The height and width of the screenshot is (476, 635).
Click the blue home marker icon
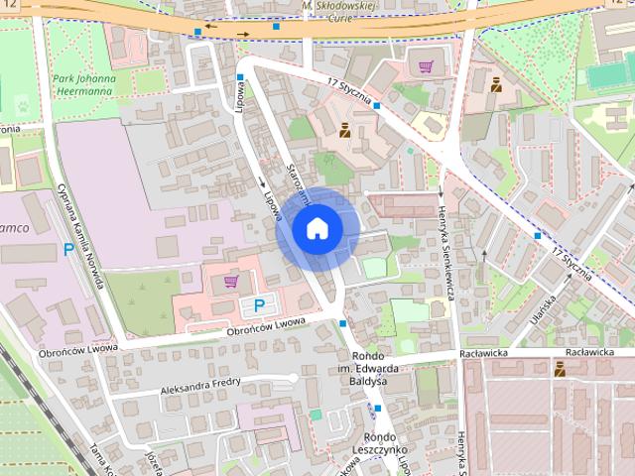[x=317, y=227]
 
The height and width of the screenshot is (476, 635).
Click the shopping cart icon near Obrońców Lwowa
[x=231, y=282]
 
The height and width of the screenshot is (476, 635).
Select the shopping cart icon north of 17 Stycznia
[x=426, y=67]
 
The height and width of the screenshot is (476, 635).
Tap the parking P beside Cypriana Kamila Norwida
[x=68, y=251]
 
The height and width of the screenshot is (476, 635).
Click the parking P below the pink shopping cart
[x=259, y=305]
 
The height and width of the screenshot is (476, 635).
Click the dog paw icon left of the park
[x=23, y=101]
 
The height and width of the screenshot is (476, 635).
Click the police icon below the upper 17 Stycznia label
[x=344, y=129]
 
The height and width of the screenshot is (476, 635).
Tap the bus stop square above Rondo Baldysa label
[x=342, y=323]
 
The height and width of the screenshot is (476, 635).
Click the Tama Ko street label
[x=102, y=459]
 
